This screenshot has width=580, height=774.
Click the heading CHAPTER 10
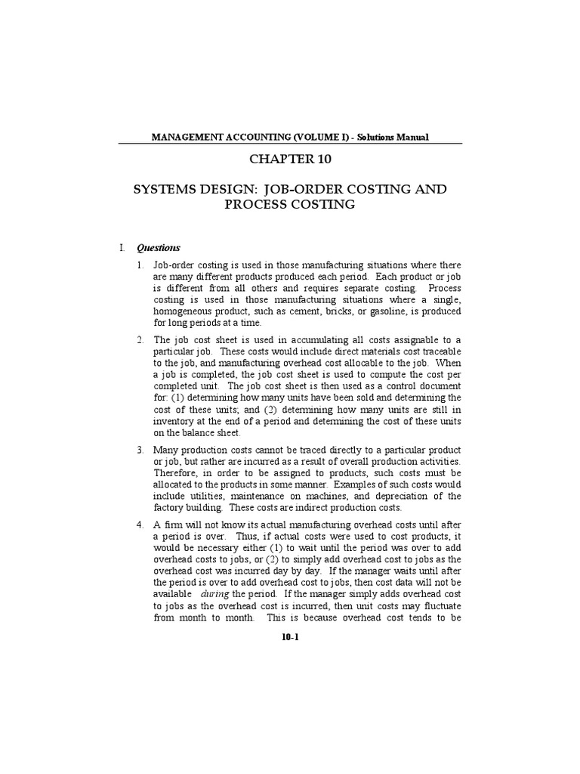[291, 159]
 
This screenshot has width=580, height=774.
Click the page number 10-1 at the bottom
[291, 638]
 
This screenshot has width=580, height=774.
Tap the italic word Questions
[158, 247]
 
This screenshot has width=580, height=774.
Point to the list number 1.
[140, 265]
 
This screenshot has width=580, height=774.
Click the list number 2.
[140, 339]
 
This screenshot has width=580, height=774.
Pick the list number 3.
[140, 450]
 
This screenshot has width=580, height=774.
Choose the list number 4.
[140, 525]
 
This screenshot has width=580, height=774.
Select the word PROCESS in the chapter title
[253, 204]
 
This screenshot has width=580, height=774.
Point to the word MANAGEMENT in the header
[187, 137]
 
